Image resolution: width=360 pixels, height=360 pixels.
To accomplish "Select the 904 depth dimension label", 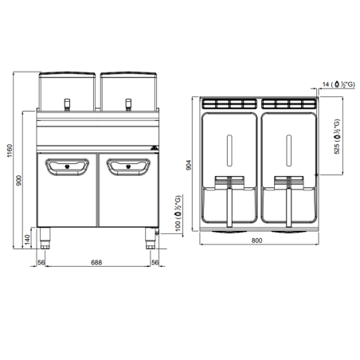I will [190, 164].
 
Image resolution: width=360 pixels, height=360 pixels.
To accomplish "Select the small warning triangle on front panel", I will [153, 147].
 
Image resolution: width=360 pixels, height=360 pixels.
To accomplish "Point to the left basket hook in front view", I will [68, 101].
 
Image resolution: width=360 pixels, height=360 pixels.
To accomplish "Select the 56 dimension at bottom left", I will [39, 262].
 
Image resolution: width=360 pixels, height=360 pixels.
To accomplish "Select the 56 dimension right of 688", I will [156, 262].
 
